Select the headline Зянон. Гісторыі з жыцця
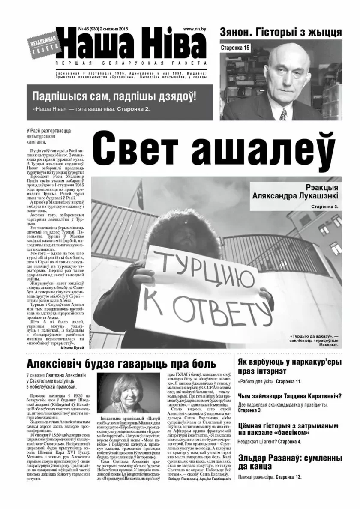pyautogui.click(x=280, y=32)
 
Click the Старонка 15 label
pyautogui.click(x=235, y=48)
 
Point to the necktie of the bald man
pyautogui.click(x=283, y=114)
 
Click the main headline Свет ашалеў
pyautogui.click(x=213, y=148)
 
